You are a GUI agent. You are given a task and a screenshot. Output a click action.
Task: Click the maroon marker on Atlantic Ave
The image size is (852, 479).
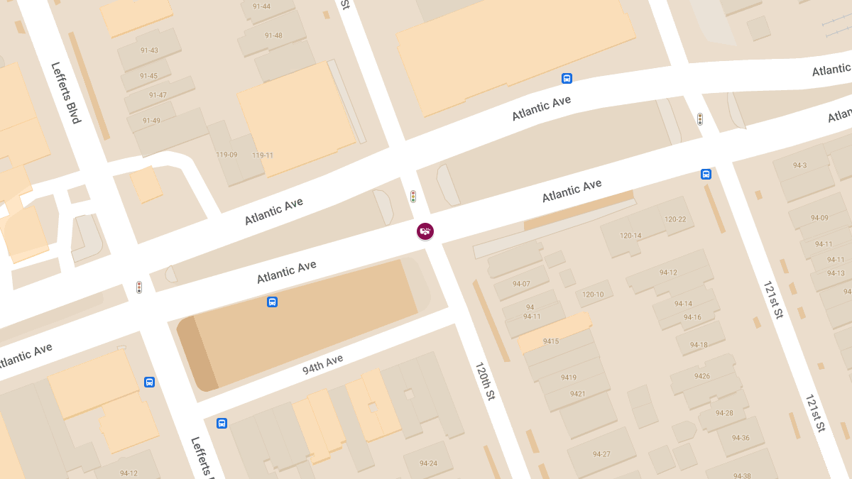425,231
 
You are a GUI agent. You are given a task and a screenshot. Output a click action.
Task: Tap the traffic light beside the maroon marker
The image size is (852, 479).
413,197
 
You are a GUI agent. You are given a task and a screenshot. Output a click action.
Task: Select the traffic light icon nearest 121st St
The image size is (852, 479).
699,119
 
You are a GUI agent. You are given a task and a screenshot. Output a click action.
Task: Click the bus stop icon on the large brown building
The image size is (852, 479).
272,302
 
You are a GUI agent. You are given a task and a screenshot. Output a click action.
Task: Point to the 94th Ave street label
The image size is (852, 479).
322,364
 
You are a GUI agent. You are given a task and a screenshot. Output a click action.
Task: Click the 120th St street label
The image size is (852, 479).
484,381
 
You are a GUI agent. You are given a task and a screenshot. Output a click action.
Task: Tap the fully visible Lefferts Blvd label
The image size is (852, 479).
66,93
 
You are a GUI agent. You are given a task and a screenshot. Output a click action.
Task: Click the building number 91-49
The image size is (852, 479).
151,121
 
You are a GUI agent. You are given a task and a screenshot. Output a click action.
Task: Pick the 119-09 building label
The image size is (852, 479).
226,154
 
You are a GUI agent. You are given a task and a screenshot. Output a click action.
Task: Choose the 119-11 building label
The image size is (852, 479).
263,155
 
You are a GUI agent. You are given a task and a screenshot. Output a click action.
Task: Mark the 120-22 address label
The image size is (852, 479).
675,219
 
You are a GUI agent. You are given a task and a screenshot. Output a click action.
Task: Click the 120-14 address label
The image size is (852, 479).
630,236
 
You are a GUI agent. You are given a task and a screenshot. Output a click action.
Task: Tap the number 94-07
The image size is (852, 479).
521,284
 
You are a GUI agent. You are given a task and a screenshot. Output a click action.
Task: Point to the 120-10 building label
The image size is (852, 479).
593,294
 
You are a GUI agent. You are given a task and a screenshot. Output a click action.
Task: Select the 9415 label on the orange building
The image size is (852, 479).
550,341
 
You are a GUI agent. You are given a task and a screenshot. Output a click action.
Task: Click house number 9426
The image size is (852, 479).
702,376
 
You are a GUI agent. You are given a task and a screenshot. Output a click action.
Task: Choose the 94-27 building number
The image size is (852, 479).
601,454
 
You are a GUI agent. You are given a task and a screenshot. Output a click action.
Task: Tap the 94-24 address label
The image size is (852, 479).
428,463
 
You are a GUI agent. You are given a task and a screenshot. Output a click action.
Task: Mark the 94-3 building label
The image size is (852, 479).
799,165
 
